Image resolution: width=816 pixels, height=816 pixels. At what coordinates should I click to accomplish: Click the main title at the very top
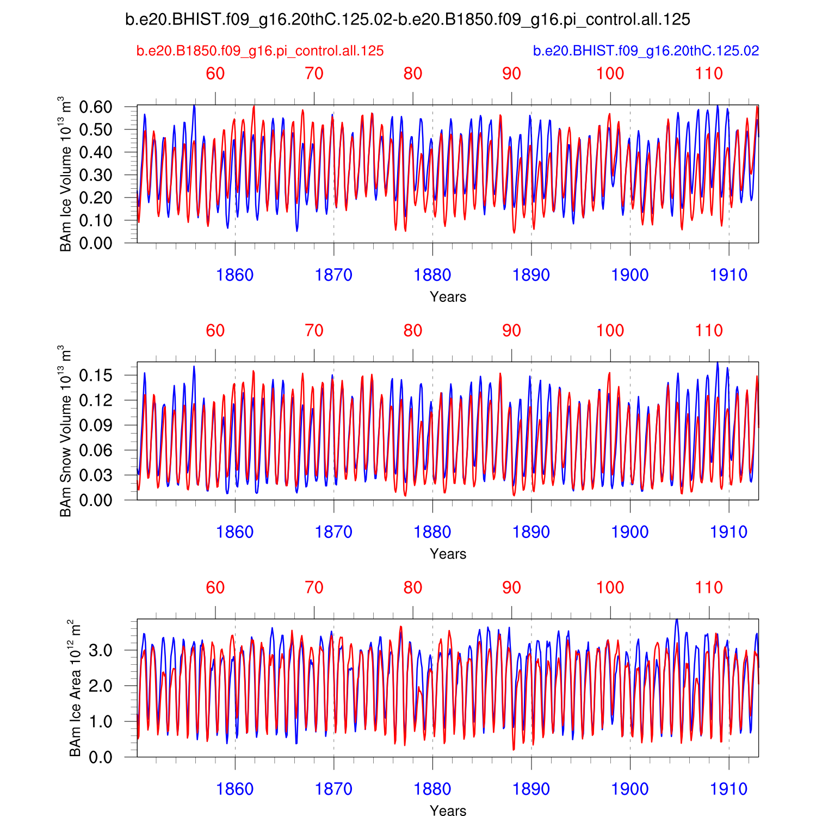[x=407, y=20]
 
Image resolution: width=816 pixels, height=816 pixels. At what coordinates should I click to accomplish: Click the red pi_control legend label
[x=260, y=51]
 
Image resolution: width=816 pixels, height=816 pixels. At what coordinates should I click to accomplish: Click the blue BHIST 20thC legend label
[x=646, y=51]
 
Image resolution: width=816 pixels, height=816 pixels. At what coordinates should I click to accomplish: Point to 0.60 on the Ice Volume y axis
[x=96, y=107]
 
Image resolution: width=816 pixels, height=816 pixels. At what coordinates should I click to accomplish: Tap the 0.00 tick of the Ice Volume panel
[x=96, y=243]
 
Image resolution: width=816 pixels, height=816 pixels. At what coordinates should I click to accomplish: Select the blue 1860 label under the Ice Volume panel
[x=234, y=275]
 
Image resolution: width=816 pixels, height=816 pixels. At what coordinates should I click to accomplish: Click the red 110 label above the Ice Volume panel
[x=709, y=73]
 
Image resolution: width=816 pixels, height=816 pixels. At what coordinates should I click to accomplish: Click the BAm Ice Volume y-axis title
[x=65, y=174]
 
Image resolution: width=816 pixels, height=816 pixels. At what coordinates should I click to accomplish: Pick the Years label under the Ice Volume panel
[x=448, y=297]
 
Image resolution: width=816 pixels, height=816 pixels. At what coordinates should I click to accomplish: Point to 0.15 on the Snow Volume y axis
[x=96, y=375]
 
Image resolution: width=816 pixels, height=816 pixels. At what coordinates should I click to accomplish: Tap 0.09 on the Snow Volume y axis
[x=96, y=425]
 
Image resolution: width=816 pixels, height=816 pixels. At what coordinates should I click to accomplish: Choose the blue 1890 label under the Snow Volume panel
[x=531, y=532]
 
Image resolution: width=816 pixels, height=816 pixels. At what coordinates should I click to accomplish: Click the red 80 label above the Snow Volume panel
[x=413, y=330]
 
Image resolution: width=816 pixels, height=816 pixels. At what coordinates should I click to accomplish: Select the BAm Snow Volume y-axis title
[x=65, y=431]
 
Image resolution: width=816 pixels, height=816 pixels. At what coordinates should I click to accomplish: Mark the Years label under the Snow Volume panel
[x=448, y=554]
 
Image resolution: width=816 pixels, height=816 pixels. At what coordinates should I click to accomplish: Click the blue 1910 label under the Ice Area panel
[x=728, y=789]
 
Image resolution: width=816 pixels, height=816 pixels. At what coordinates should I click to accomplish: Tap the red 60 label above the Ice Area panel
[x=215, y=588]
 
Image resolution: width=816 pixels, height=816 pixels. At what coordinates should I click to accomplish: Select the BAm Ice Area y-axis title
[x=75, y=688]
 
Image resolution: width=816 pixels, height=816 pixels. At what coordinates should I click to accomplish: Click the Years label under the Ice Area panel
[x=448, y=811]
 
